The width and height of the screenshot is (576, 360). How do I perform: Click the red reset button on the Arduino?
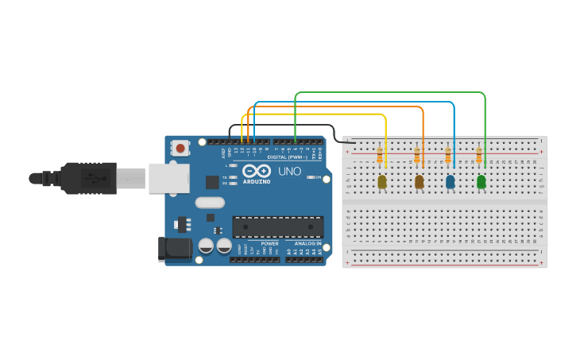click(x=181, y=148)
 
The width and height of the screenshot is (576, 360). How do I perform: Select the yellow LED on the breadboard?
click(x=382, y=182)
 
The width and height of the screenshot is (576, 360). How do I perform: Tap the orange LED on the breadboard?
click(x=419, y=182)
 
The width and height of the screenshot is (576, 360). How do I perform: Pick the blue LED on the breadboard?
click(x=450, y=182)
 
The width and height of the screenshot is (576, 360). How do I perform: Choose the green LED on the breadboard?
click(x=481, y=182)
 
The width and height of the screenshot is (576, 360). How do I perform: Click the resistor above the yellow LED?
click(x=380, y=156)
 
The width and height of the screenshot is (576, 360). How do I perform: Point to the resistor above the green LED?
click(x=479, y=156)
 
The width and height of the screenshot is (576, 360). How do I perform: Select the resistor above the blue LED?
click(x=448, y=156)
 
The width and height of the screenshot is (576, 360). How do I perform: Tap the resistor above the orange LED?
click(x=417, y=156)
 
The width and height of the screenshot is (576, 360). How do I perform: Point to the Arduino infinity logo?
click(x=257, y=172)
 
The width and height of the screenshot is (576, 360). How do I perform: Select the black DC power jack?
click(x=174, y=249)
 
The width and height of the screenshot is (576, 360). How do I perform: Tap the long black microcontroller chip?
click(x=277, y=226)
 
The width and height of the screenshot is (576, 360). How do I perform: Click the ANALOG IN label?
click(x=307, y=243)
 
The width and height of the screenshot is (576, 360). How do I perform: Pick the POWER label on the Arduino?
click(x=269, y=243)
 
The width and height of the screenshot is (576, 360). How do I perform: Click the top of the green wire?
click(x=389, y=92)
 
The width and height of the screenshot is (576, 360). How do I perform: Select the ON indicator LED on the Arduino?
click(x=309, y=177)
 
